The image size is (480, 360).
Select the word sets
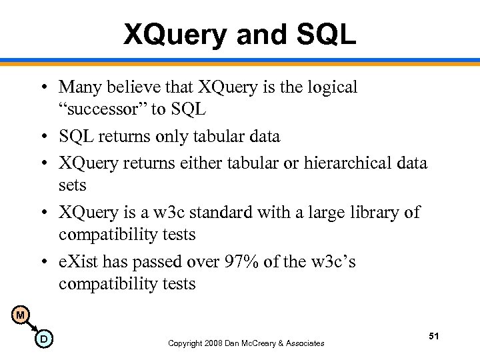coord(72,184)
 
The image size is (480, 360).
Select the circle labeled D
coord(43,339)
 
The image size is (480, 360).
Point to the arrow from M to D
coord(32,327)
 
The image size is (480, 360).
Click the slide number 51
coord(433,337)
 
